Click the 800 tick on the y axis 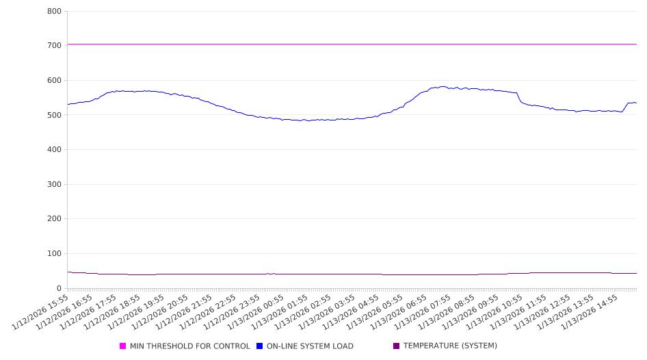pyautogui.click(x=55, y=11)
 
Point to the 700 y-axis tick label pyautogui.click(x=55, y=45)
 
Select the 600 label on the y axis pyautogui.click(x=55, y=80)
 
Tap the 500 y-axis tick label pyautogui.click(x=55, y=115)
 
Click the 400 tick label pyautogui.click(x=55, y=149)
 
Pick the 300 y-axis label pyautogui.click(x=55, y=184)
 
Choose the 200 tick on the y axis pyautogui.click(x=55, y=219)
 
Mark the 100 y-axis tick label pyautogui.click(x=55, y=253)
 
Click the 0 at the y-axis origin pyautogui.click(x=60, y=288)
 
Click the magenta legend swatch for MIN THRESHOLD pyautogui.click(x=123, y=346)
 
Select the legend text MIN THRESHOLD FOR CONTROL pyautogui.click(x=190, y=346)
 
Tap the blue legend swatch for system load pyautogui.click(x=260, y=346)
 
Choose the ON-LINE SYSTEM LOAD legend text pyautogui.click(x=310, y=346)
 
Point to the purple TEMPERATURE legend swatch pyautogui.click(x=397, y=346)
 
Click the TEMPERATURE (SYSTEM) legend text pyautogui.click(x=450, y=346)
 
